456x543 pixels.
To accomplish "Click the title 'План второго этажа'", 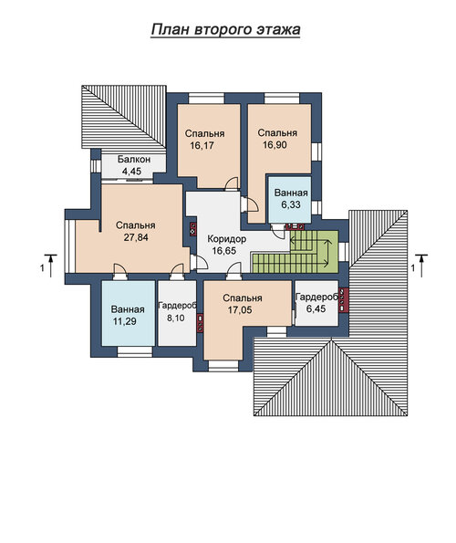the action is pyautogui.click(x=225, y=29).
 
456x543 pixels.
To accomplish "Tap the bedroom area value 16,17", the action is pyautogui.click(x=202, y=145).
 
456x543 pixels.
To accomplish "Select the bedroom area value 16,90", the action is pyautogui.click(x=275, y=145).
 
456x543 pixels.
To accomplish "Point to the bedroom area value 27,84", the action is pyautogui.click(x=136, y=237).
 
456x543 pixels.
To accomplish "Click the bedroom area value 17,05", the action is pyautogui.click(x=240, y=310).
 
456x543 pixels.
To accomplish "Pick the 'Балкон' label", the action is pyautogui.click(x=134, y=160).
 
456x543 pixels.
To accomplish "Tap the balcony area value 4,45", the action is pyautogui.click(x=132, y=171).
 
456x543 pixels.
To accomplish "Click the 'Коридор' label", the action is pyautogui.click(x=227, y=239).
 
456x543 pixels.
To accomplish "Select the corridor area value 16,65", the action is pyautogui.click(x=224, y=251).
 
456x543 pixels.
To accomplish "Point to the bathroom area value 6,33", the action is pyautogui.click(x=291, y=204).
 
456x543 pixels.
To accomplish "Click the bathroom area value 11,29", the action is pyautogui.click(x=125, y=321).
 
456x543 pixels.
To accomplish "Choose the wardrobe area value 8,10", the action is pyautogui.click(x=176, y=318).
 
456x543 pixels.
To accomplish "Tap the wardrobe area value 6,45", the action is pyautogui.click(x=316, y=308).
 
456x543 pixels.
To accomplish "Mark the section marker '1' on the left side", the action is pyautogui.click(x=42, y=268).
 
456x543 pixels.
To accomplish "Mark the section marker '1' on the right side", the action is pyautogui.click(x=412, y=268).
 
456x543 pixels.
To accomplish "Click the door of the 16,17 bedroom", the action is pyautogui.click(x=232, y=183).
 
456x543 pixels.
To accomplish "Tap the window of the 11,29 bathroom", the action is pyautogui.click(x=135, y=352).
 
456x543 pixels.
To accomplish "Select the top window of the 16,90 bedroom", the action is pyautogui.click(x=282, y=99).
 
